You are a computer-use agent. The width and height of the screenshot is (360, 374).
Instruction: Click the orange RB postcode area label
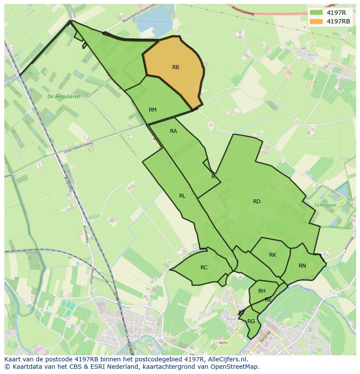[176, 67]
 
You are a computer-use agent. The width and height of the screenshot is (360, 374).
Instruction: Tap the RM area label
[152, 110]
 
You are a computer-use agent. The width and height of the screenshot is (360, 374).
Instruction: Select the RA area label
[173, 131]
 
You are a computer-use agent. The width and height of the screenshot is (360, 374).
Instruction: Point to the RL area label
[182, 196]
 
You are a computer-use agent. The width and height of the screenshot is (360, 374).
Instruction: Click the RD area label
[257, 202]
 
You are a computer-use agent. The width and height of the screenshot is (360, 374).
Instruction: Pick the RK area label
[273, 255]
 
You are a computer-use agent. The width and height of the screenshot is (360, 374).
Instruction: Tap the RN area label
[302, 266]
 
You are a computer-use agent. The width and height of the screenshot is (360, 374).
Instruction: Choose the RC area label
[204, 268]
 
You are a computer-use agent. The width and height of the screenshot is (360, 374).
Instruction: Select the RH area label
[262, 291]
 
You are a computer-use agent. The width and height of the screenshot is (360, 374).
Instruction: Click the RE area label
[268, 300]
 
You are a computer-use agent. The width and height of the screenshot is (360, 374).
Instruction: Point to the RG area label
[251, 321]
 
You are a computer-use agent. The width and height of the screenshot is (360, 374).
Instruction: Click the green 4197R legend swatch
[316, 12]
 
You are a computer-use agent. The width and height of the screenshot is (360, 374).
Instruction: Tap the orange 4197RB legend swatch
[316, 21]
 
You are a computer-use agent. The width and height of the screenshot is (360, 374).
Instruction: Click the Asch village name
[313, 55]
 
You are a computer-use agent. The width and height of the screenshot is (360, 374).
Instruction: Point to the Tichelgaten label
[325, 205]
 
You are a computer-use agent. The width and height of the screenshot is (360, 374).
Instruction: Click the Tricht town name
[133, 337]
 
